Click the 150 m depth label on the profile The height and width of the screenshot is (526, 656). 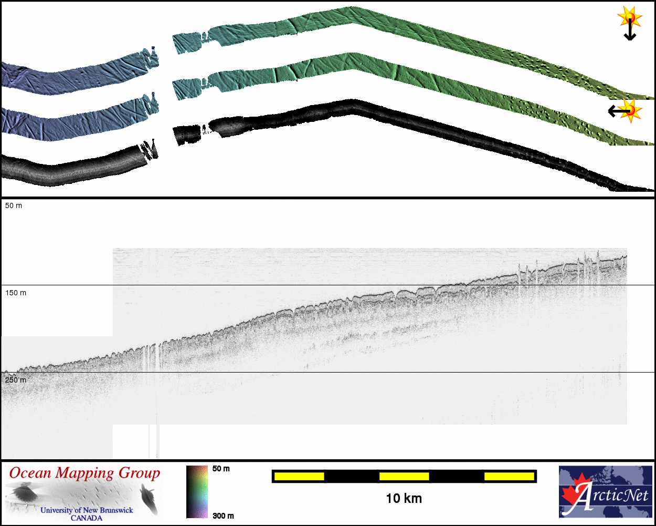[16, 293]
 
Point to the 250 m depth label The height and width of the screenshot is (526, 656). [16, 380]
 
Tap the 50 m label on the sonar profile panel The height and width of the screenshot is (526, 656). [14, 206]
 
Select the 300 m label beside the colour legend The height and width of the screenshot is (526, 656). [223, 516]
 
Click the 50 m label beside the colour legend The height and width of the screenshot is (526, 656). [221, 469]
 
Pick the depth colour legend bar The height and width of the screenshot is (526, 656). [197, 492]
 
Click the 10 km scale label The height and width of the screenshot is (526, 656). [404, 499]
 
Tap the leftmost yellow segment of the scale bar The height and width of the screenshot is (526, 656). [299, 476]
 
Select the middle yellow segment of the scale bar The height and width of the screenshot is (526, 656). [404, 476]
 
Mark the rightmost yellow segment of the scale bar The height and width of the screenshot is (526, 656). [509, 476]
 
